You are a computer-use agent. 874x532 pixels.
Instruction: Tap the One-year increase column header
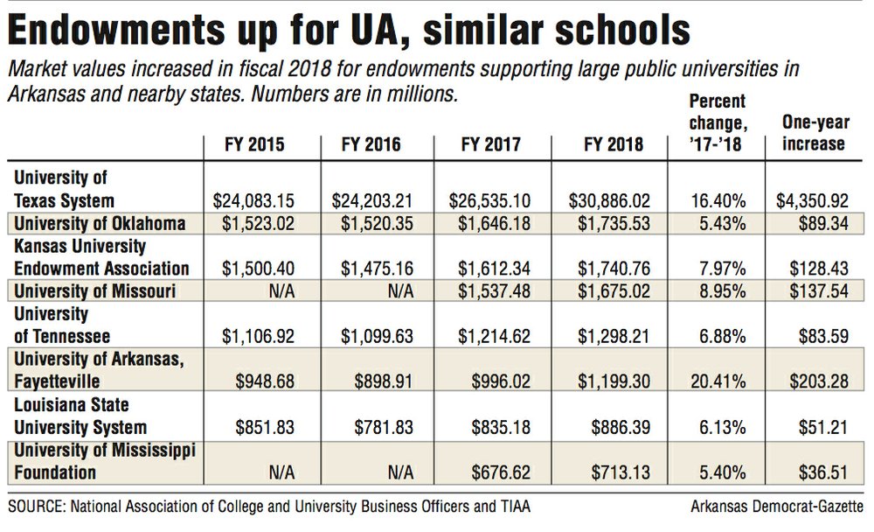tap(812, 134)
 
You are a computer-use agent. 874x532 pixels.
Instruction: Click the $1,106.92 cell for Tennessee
tap(253, 336)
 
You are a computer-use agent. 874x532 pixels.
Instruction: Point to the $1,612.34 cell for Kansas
tap(486, 268)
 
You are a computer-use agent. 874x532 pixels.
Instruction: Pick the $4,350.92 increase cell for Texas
tap(812, 200)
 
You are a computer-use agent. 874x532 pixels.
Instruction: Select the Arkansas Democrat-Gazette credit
tap(779, 507)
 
